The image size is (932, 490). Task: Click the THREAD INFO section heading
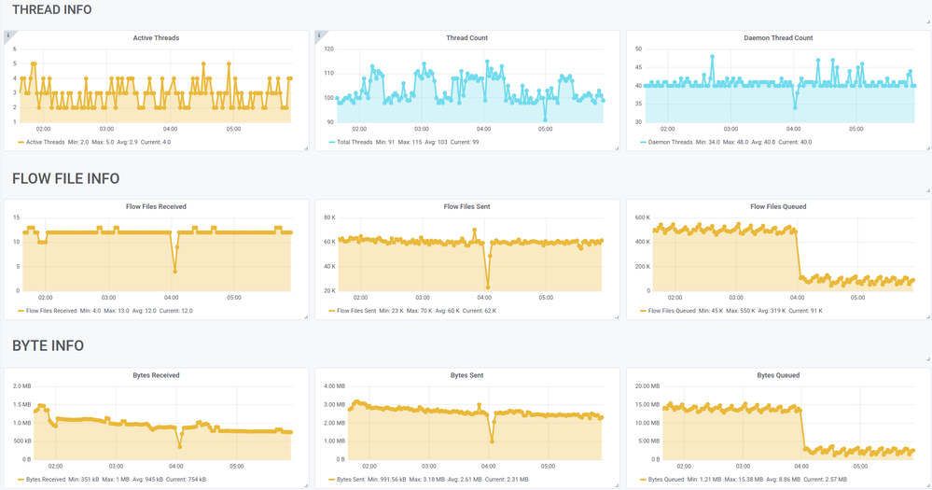coord(51,9)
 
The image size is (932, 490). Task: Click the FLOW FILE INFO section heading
coord(65,178)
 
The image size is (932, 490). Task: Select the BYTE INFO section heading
coord(48,345)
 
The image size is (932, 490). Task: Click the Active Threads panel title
coord(156,38)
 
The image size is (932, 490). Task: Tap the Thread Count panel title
coord(466,38)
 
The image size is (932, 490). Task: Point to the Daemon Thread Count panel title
coord(778,38)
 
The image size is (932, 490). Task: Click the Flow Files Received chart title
coord(156,206)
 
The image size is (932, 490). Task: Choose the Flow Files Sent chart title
coord(466,206)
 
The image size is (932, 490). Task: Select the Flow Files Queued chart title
coord(778,206)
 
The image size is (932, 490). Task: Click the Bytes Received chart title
coord(156,375)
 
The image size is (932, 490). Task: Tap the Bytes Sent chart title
coord(466,375)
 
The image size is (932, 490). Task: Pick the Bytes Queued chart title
coord(778,375)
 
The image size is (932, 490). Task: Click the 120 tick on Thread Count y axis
coord(328,49)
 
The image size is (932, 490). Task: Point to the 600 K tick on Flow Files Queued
coord(642,217)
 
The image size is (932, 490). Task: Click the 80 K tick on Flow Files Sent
coord(329,217)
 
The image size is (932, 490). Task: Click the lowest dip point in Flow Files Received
coord(175,272)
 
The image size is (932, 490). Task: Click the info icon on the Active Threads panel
coord(8,35)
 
